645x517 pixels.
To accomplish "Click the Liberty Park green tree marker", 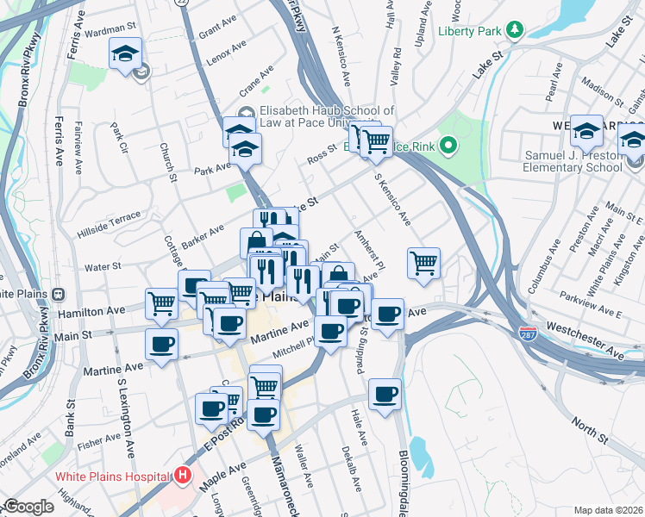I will pos(516,31).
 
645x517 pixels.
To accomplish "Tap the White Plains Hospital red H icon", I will pos(182,475).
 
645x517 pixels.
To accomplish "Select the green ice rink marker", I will pos(447,146).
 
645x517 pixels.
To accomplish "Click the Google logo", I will pos(28,507).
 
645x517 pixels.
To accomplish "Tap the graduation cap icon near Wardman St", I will pos(126,53).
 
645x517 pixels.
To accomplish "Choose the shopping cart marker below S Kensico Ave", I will pos(423,262).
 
